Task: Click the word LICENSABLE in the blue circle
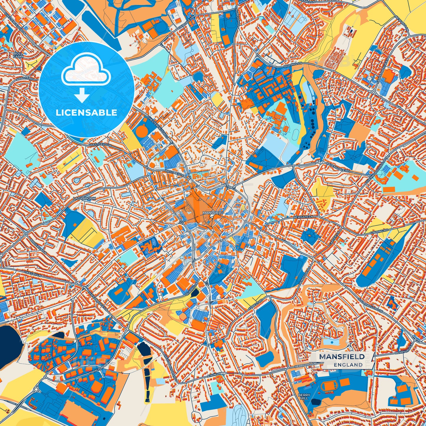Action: point(86,112)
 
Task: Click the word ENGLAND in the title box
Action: point(348,365)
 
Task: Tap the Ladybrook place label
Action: point(85,199)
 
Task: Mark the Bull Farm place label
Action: point(18,55)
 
